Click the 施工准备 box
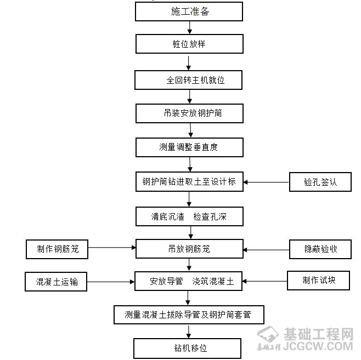[x=189, y=12]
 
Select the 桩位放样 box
[x=189, y=44]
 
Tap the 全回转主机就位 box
[x=189, y=80]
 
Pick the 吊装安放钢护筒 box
[x=189, y=113]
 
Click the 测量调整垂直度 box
[x=189, y=147]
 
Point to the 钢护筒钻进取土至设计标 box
[x=189, y=182]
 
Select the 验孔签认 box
[x=320, y=182]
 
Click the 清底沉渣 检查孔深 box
[x=189, y=216]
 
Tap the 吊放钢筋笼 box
[x=189, y=249]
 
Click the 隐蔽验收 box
[x=320, y=249]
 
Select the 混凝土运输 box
[x=57, y=282]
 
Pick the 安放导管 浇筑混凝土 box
[x=189, y=282]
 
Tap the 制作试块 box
[x=319, y=281]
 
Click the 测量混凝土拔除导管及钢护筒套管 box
[x=189, y=315]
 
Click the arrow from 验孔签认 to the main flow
[x=267, y=182]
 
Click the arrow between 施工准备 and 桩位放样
[x=188, y=28]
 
